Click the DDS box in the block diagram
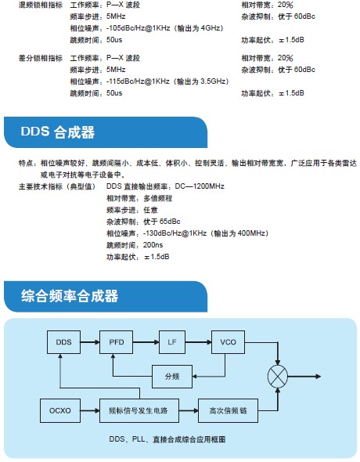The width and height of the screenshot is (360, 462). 63,341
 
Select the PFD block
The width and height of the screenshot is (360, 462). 117,341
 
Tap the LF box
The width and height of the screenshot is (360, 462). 172,341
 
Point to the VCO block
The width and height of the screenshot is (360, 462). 228,341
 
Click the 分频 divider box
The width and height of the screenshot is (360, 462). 172,377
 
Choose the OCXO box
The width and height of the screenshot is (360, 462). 60,410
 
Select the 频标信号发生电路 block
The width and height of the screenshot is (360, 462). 139,410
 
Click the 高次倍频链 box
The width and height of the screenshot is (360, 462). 228,410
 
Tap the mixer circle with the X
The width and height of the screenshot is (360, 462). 278,377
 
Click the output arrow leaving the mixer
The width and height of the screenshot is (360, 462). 304,377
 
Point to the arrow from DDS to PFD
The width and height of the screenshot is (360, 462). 90,341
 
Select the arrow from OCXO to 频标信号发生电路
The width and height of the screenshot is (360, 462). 90,410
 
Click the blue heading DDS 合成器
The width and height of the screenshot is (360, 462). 58,132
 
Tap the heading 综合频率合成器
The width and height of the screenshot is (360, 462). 70,296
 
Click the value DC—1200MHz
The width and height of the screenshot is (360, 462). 200,186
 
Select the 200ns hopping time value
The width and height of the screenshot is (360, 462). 153,245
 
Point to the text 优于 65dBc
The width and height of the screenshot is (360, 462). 161,222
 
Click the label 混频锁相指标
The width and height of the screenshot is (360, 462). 41,5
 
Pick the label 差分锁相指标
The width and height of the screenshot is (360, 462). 41,58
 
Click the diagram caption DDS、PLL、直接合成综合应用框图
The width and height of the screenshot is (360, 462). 167,439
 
